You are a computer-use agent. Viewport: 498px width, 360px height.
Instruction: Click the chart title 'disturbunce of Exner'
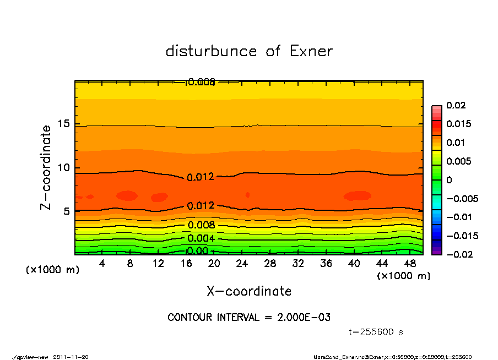click(249, 51)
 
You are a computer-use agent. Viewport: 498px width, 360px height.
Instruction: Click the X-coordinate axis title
click(249, 291)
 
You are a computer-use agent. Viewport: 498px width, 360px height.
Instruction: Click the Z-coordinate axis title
click(46, 167)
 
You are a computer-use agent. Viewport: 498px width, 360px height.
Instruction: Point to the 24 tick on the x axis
click(242, 264)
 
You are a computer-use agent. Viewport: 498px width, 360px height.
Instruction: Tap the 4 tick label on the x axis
click(102, 264)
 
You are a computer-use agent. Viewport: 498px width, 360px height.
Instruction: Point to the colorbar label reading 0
click(449, 180)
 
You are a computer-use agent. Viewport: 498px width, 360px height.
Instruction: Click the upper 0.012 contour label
click(201, 177)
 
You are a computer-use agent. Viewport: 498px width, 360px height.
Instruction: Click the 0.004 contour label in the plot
click(201, 238)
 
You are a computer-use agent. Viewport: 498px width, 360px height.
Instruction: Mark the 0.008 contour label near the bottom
click(201, 225)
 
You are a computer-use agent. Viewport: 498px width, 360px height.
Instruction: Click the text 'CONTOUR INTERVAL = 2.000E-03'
click(249, 318)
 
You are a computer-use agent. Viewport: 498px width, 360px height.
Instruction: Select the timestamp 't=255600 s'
click(376, 332)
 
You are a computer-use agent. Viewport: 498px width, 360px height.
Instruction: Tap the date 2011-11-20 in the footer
click(71, 357)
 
